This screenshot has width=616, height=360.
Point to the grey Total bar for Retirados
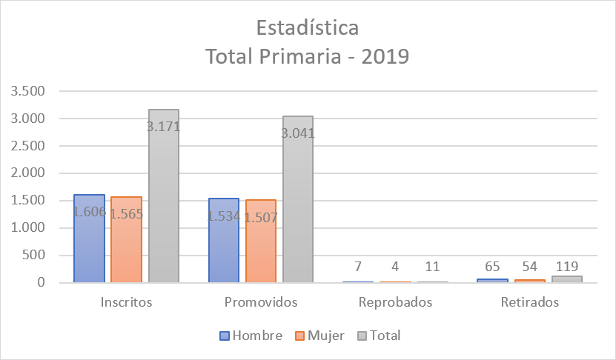click(567, 279)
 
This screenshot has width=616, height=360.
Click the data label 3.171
click(163, 127)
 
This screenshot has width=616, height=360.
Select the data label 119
click(567, 266)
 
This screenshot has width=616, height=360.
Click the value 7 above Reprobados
click(358, 267)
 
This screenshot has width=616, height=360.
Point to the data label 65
click(493, 267)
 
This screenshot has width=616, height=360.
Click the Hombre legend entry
click(251, 336)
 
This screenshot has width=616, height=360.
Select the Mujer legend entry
click(320, 336)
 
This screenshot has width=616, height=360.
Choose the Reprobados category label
click(395, 302)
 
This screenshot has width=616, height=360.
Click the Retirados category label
click(529, 302)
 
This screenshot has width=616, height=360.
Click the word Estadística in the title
click(308, 28)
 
